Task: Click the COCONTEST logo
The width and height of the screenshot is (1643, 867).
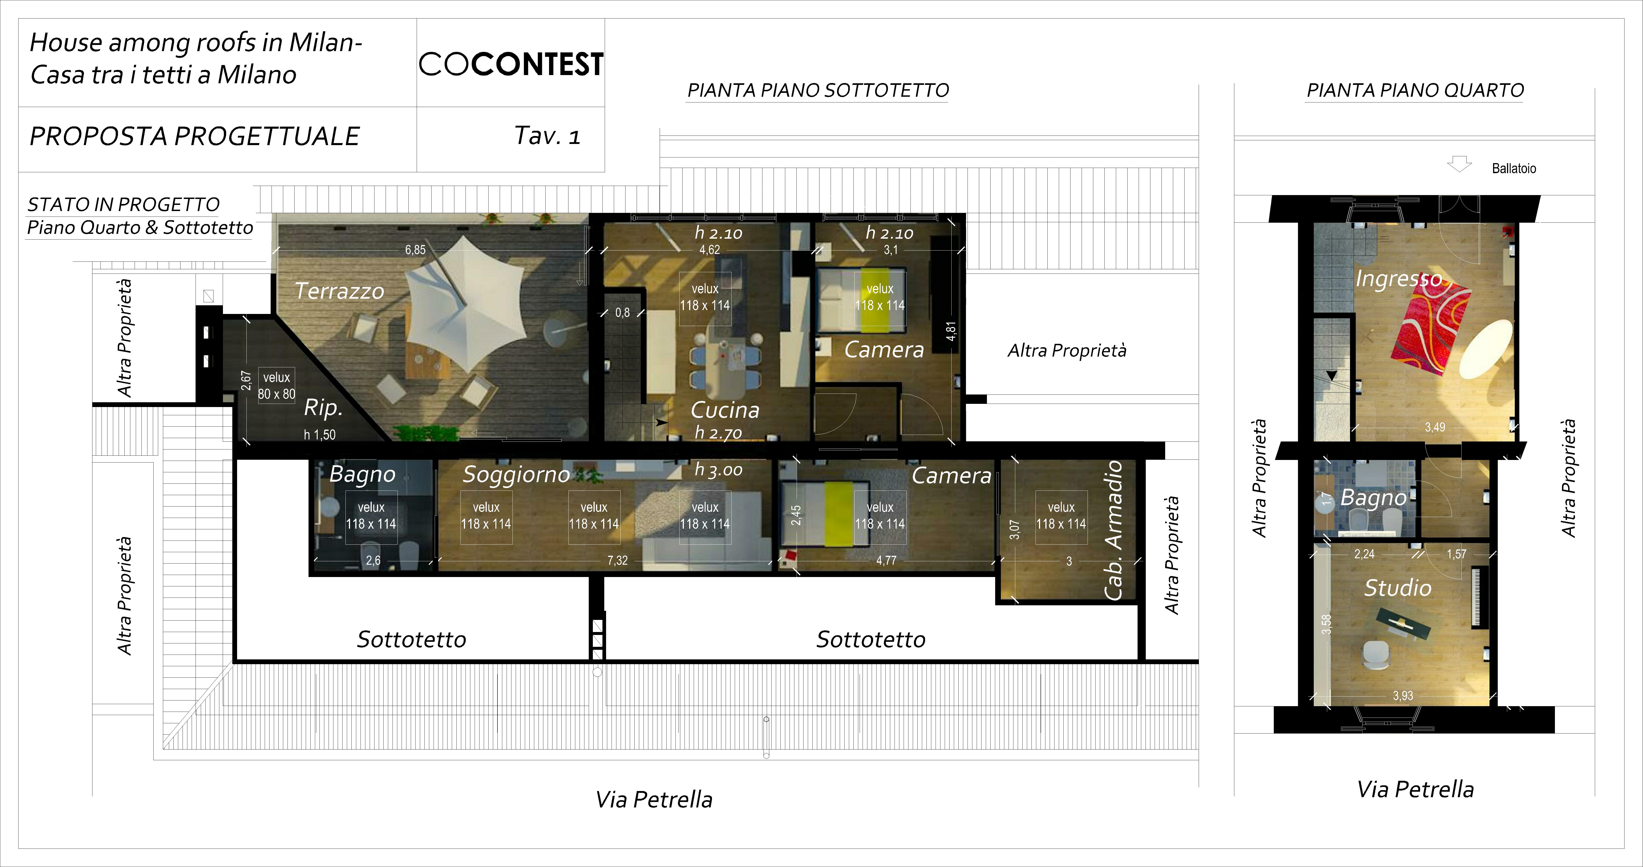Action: tap(511, 64)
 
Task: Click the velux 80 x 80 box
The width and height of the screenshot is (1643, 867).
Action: tap(276, 385)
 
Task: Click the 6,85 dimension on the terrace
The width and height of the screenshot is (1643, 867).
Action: tap(415, 250)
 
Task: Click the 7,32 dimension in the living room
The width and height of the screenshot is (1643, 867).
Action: tap(617, 560)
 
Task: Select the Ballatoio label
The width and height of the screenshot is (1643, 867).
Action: tap(1514, 168)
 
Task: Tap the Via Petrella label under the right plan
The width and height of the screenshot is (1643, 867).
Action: tap(1415, 789)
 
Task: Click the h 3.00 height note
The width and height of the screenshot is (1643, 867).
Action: tap(719, 470)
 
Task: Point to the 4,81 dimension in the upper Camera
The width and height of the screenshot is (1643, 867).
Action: tap(951, 331)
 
